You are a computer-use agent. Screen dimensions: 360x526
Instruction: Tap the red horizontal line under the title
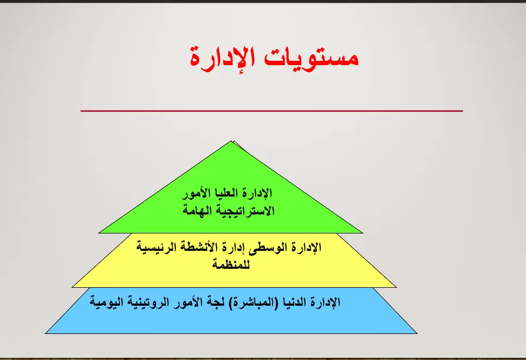tap(271, 111)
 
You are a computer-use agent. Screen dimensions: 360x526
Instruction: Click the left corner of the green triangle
tap(99, 232)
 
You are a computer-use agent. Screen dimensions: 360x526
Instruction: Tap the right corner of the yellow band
tap(396, 287)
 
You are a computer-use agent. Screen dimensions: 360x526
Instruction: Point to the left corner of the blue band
tap(46, 333)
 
